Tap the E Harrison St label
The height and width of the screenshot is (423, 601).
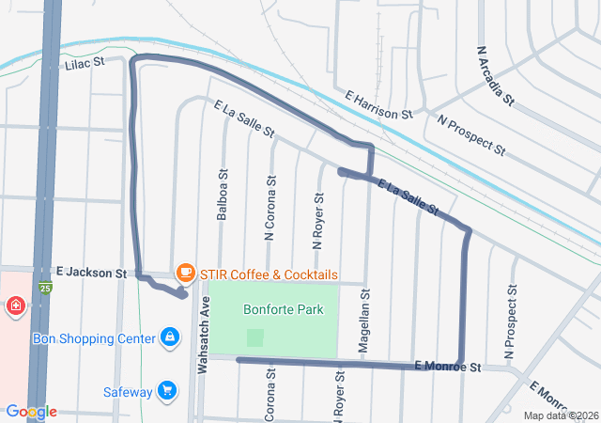(379, 104)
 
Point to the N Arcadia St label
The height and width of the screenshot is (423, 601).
(495, 74)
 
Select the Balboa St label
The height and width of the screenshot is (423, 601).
(223, 195)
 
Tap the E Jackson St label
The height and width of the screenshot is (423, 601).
(90, 273)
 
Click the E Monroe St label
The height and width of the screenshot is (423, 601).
(447, 366)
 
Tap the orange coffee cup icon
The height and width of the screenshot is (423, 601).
(186, 273)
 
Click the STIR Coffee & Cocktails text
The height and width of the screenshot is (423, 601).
(269, 274)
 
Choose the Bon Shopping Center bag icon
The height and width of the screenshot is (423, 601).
(169, 336)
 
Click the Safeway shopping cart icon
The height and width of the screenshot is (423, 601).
(167, 389)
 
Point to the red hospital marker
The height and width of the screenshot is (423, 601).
(15, 305)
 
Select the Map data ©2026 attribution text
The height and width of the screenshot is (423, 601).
(560, 415)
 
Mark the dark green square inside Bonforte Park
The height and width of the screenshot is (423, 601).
(254, 337)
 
